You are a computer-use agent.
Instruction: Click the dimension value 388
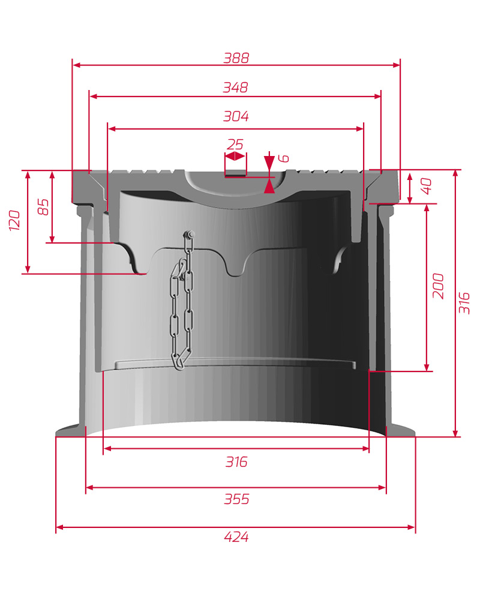tap(236, 58)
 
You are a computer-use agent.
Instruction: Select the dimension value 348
tap(235, 88)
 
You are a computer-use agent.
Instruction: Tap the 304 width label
tap(236, 116)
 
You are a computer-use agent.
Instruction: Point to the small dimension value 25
tap(235, 145)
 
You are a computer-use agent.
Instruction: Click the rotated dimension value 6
tap(283, 158)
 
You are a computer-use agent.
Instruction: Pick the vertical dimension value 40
tap(426, 186)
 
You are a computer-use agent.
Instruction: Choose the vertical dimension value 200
tap(438, 286)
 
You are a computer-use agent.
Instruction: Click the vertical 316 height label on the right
tap(464, 302)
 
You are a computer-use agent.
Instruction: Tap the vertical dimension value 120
tap(14, 220)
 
